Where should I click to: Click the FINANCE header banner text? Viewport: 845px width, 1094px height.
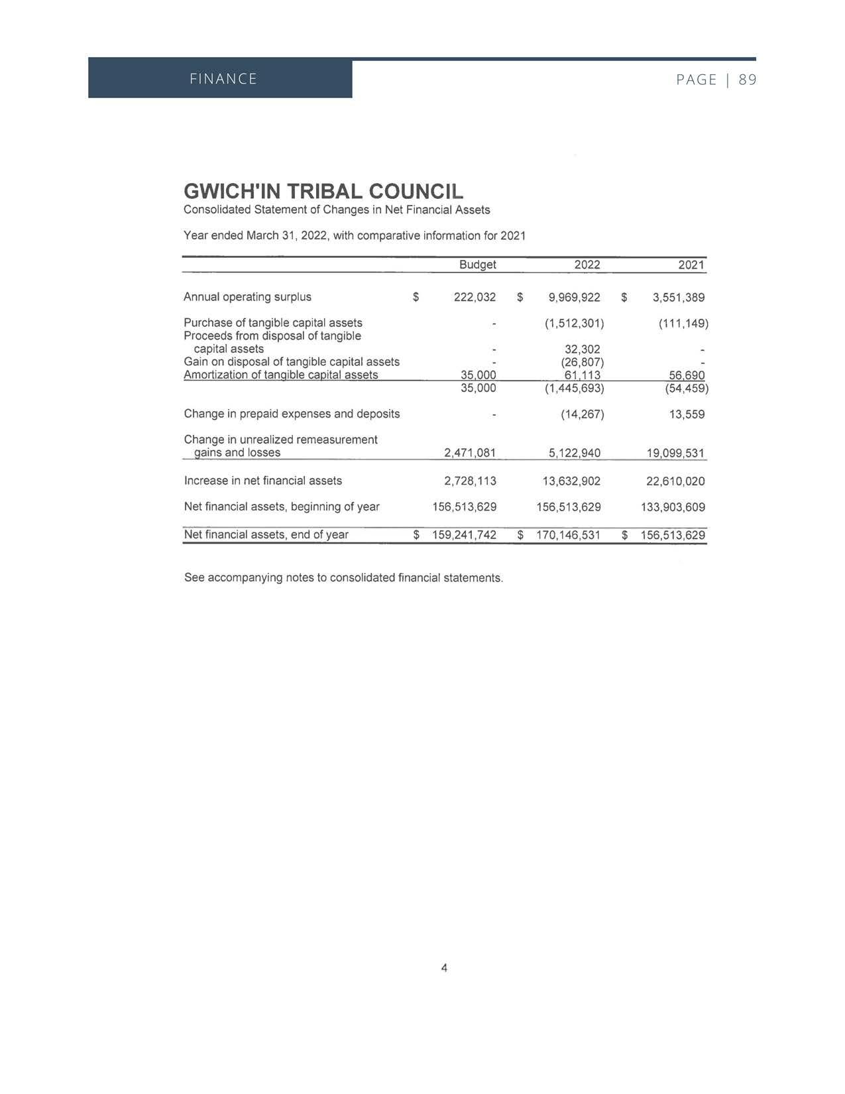click(x=223, y=79)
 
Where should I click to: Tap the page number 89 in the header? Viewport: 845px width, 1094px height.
click(x=748, y=80)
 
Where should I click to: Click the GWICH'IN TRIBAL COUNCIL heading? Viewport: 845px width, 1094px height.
click(x=323, y=192)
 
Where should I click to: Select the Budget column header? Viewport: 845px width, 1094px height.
click(x=477, y=265)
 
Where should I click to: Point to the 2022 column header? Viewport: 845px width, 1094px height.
click(x=587, y=265)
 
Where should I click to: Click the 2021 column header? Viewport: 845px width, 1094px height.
click(x=691, y=265)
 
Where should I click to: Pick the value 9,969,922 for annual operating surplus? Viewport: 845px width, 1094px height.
click(x=574, y=297)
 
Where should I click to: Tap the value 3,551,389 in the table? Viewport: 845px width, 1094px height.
click(x=679, y=297)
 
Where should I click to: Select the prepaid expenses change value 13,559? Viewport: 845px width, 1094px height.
click(x=687, y=414)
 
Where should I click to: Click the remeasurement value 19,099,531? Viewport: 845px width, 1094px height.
click(x=675, y=453)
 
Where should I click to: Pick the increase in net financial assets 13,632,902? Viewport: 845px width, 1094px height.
click(x=571, y=481)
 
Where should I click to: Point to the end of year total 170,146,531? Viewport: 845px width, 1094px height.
click(x=568, y=534)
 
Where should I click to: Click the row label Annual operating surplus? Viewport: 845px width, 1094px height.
click(x=247, y=296)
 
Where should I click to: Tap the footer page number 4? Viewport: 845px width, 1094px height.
click(x=444, y=967)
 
